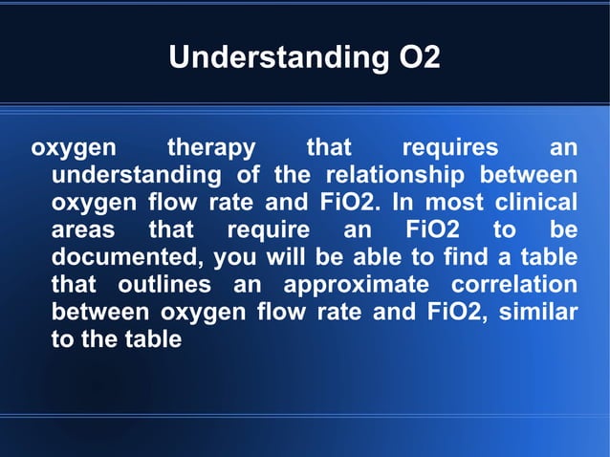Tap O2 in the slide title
pyautogui.click(x=419, y=58)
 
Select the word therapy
pyautogui.click(x=211, y=148)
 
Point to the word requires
pyautogui.click(x=450, y=148)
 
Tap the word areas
pyautogui.click(x=82, y=230)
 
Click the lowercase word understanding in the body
pyautogui.click(x=136, y=176)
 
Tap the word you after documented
pyautogui.click(x=236, y=257)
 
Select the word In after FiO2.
pyautogui.click(x=403, y=203)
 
